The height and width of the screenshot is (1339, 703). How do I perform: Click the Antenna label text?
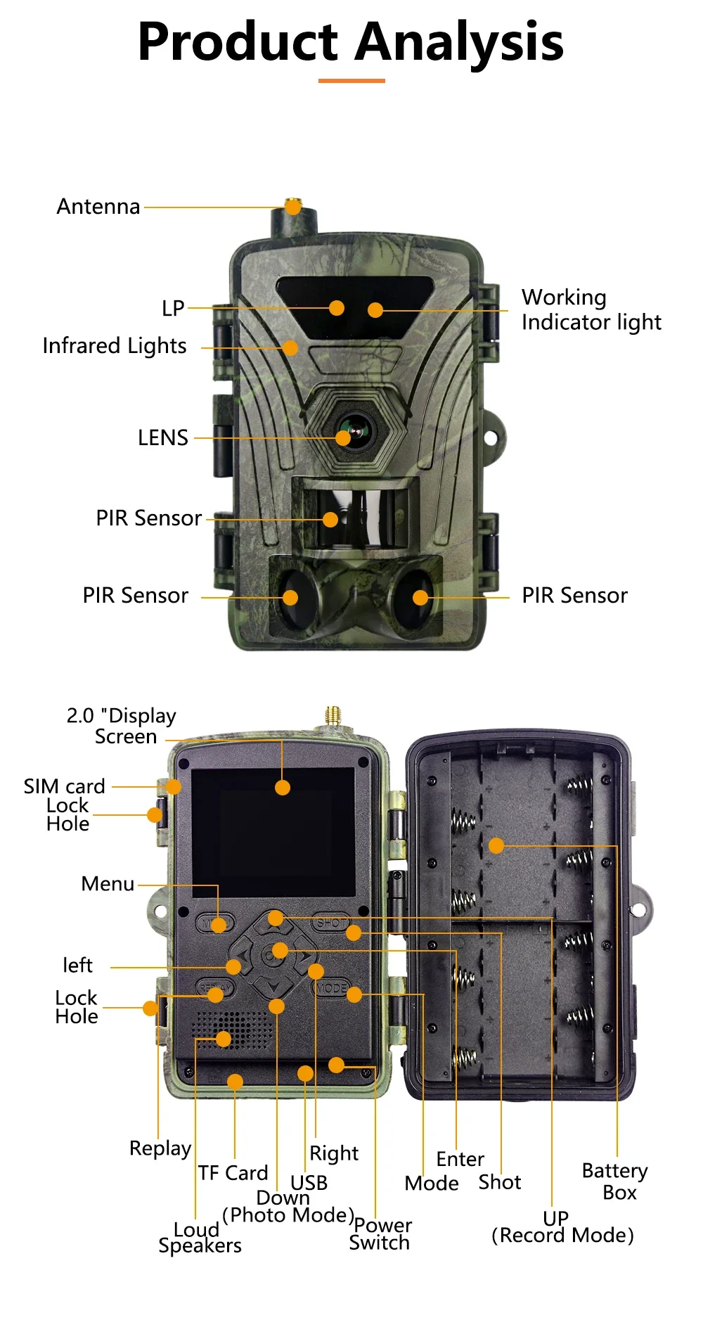pyautogui.click(x=98, y=207)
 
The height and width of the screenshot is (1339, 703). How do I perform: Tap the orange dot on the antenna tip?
pyautogui.click(x=293, y=207)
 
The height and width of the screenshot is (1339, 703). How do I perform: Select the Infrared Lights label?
pyautogui.click(x=115, y=346)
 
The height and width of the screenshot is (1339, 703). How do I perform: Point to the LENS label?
pyautogui.click(x=162, y=438)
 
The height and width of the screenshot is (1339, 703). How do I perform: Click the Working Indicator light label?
pyautogui.click(x=591, y=309)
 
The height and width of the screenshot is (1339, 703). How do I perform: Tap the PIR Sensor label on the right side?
pyautogui.click(x=574, y=596)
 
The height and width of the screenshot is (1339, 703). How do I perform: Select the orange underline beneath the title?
pyautogui.click(x=351, y=81)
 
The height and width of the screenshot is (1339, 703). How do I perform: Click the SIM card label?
pyautogui.click(x=64, y=786)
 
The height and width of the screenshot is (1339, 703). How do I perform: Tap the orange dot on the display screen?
pyautogui.click(x=283, y=788)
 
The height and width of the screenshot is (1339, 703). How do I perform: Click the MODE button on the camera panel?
pyautogui.click(x=330, y=988)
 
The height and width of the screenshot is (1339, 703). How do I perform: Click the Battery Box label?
pyautogui.click(x=614, y=1181)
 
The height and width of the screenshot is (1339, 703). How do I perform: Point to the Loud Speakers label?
pyautogui.click(x=199, y=1238)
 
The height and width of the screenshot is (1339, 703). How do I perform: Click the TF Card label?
pyautogui.click(x=233, y=1173)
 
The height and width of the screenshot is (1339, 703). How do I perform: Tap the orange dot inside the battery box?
pyautogui.click(x=496, y=845)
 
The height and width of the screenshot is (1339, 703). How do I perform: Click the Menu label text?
pyautogui.click(x=108, y=884)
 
